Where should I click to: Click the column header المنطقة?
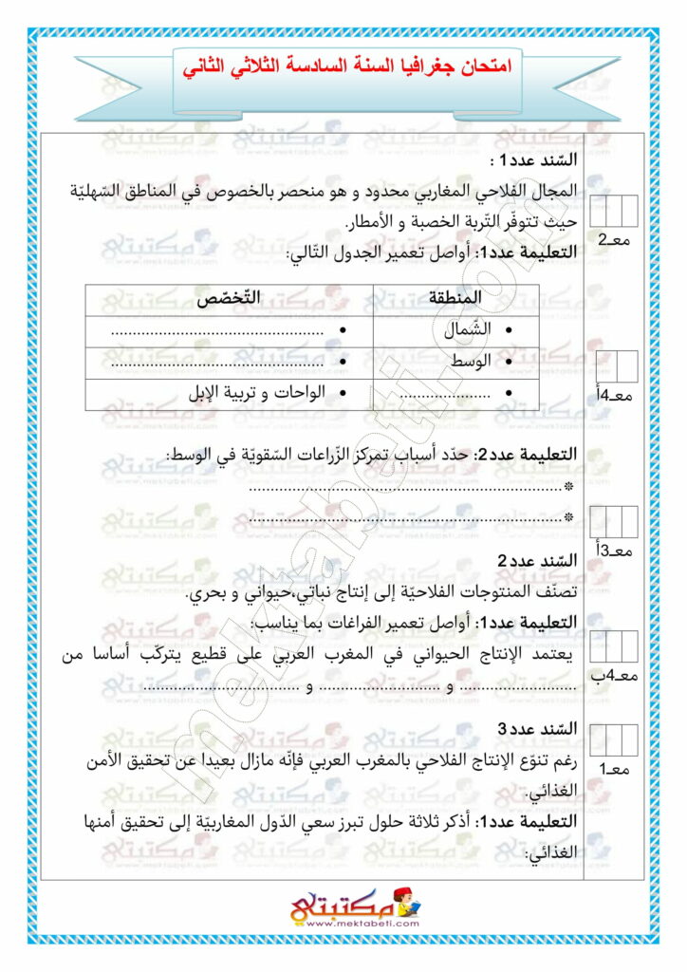pyautogui.click(x=455, y=298)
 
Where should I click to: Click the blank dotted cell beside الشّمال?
pyautogui.click(x=218, y=331)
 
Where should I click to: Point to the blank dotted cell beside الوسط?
pyautogui.click(x=218, y=364)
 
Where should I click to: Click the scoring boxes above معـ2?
pyautogui.click(x=614, y=210)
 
